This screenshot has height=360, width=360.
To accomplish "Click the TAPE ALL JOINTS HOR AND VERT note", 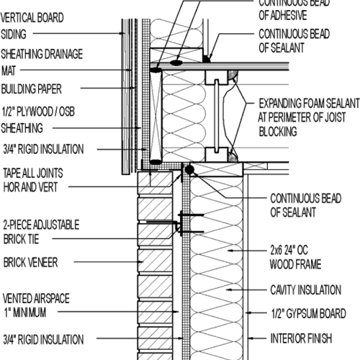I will [40, 179].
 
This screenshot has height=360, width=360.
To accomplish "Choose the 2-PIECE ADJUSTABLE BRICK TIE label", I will [40, 231].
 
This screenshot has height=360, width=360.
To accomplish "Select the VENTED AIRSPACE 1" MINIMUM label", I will [35, 302].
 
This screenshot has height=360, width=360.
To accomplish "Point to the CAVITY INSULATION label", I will [305, 289].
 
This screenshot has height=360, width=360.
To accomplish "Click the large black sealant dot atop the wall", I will [189, 170].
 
